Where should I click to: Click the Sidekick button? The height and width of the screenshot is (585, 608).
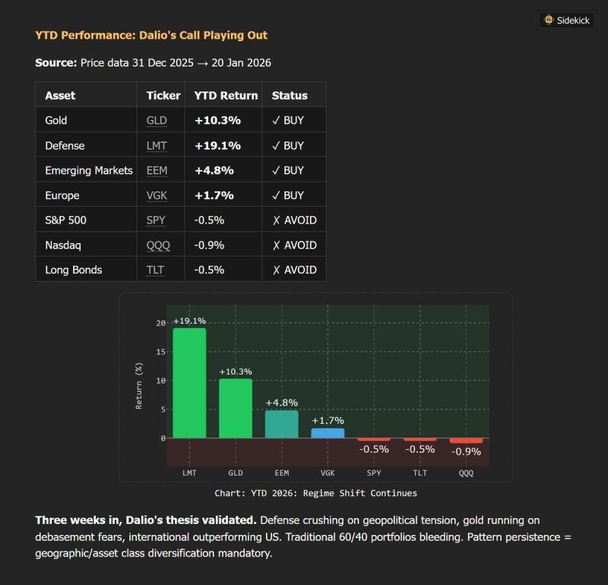tap(567, 21)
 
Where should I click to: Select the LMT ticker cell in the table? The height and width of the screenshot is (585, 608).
tap(157, 145)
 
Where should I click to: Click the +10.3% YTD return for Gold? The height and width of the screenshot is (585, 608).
tap(217, 120)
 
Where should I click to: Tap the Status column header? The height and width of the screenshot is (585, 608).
tap(290, 96)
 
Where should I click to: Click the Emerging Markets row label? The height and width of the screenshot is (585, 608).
tap(89, 170)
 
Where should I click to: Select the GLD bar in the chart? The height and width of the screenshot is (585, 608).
tap(236, 408)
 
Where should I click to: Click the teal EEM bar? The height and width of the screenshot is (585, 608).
tap(281, 424)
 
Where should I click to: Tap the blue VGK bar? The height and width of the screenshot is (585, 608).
tap(328, 433)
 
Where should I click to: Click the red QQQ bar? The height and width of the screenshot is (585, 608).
tap(466, 441)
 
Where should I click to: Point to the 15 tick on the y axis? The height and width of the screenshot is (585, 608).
tap(160, 352)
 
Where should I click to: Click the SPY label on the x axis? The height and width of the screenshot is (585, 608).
tap(374, 473)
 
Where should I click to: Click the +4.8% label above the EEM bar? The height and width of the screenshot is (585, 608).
tap(281, 403)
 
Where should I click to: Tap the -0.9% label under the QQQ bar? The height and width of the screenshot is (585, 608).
tap(466, 451)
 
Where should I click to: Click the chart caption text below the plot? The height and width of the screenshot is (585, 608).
tap(315, 493)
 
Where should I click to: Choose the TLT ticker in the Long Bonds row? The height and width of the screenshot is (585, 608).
tap(156, 270)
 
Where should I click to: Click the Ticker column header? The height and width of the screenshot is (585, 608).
tap(163, 96)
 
